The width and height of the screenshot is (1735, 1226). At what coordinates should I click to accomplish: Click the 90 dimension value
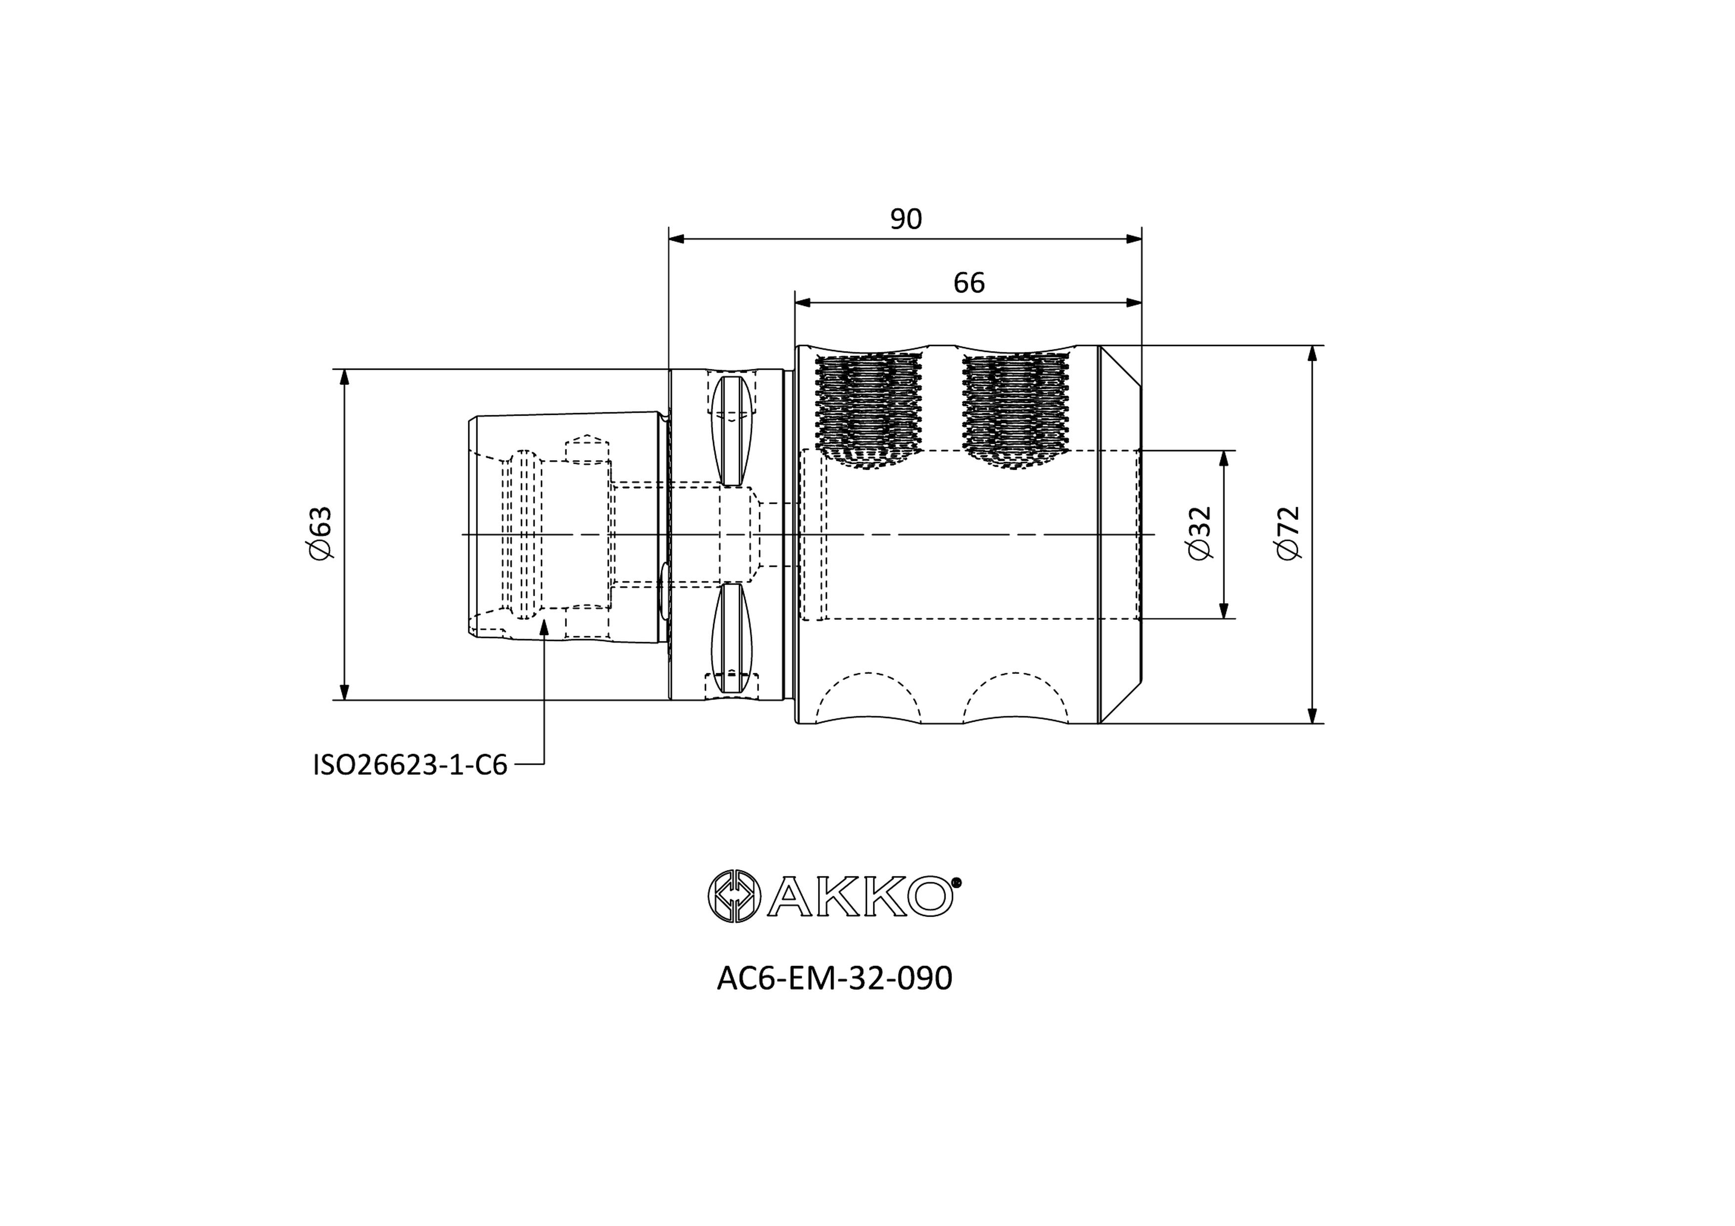[x=906, y=219]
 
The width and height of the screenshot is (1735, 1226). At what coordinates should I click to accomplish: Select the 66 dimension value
[x=969, y=283]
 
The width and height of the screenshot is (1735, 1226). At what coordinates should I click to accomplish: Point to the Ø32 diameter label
[x=1199, y=533]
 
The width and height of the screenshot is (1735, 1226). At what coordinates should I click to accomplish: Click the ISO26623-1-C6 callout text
[x=411, y=765]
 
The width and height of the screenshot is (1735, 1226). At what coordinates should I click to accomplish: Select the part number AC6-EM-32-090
[x=834, y=978]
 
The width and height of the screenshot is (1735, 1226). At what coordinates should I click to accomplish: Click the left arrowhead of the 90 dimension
[x=676, y=239]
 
